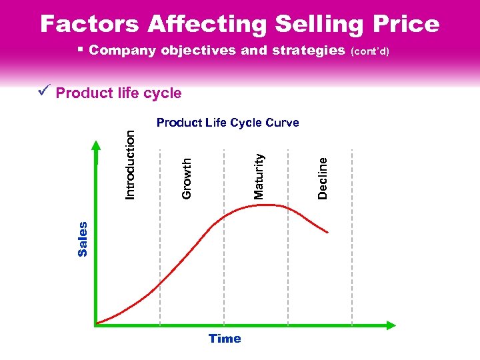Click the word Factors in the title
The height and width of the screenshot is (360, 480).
click(x=90, y=24)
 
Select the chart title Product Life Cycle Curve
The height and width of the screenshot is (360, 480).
click(x=227, y=123)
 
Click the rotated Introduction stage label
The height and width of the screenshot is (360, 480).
click(x=131, y=164)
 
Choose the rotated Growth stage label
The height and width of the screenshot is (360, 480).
click(x=187, y=177)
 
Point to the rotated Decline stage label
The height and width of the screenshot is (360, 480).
click(x=323, y=177)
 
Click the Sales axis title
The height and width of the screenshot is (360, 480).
click(x=83, y=239)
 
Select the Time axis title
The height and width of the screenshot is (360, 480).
click(x=225, y=339)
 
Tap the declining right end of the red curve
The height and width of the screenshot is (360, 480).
click(x=326, y=231)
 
